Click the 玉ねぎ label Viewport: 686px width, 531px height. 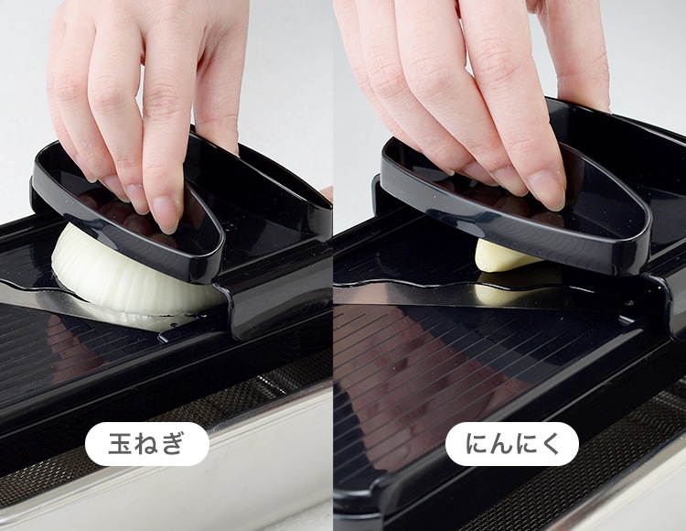(146, 443)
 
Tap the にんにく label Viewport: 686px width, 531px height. (512, 444)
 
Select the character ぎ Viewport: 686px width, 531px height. (171, 444)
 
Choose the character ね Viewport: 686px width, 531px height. (145, 444)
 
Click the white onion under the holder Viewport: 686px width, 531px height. (131, 280)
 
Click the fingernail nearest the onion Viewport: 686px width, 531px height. (166, 214)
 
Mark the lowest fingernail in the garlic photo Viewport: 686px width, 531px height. (547, 190)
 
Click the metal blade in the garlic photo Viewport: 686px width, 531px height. (481, 294)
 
